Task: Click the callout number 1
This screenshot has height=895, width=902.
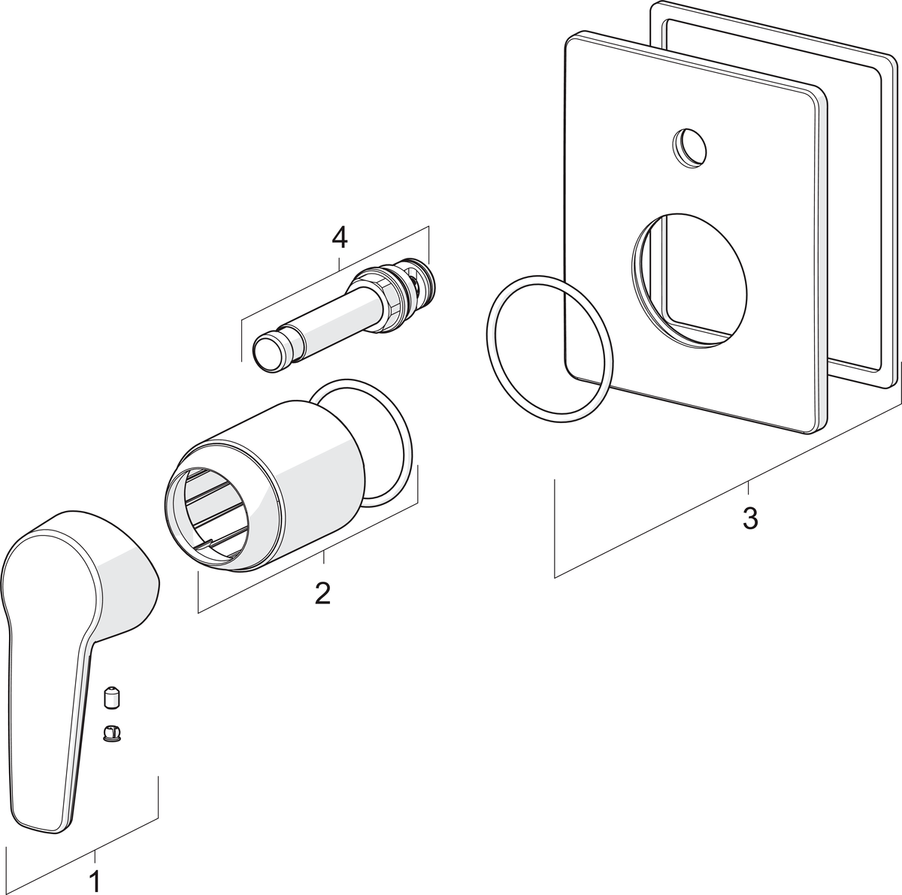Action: point(95,881)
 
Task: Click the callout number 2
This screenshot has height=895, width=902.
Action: point(322,593)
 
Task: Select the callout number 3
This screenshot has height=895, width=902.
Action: point(749,518)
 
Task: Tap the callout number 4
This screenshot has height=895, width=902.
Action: point(340,238)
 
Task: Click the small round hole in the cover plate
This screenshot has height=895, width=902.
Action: point(689,145)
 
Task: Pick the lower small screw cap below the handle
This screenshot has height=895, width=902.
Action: point(111,731)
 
